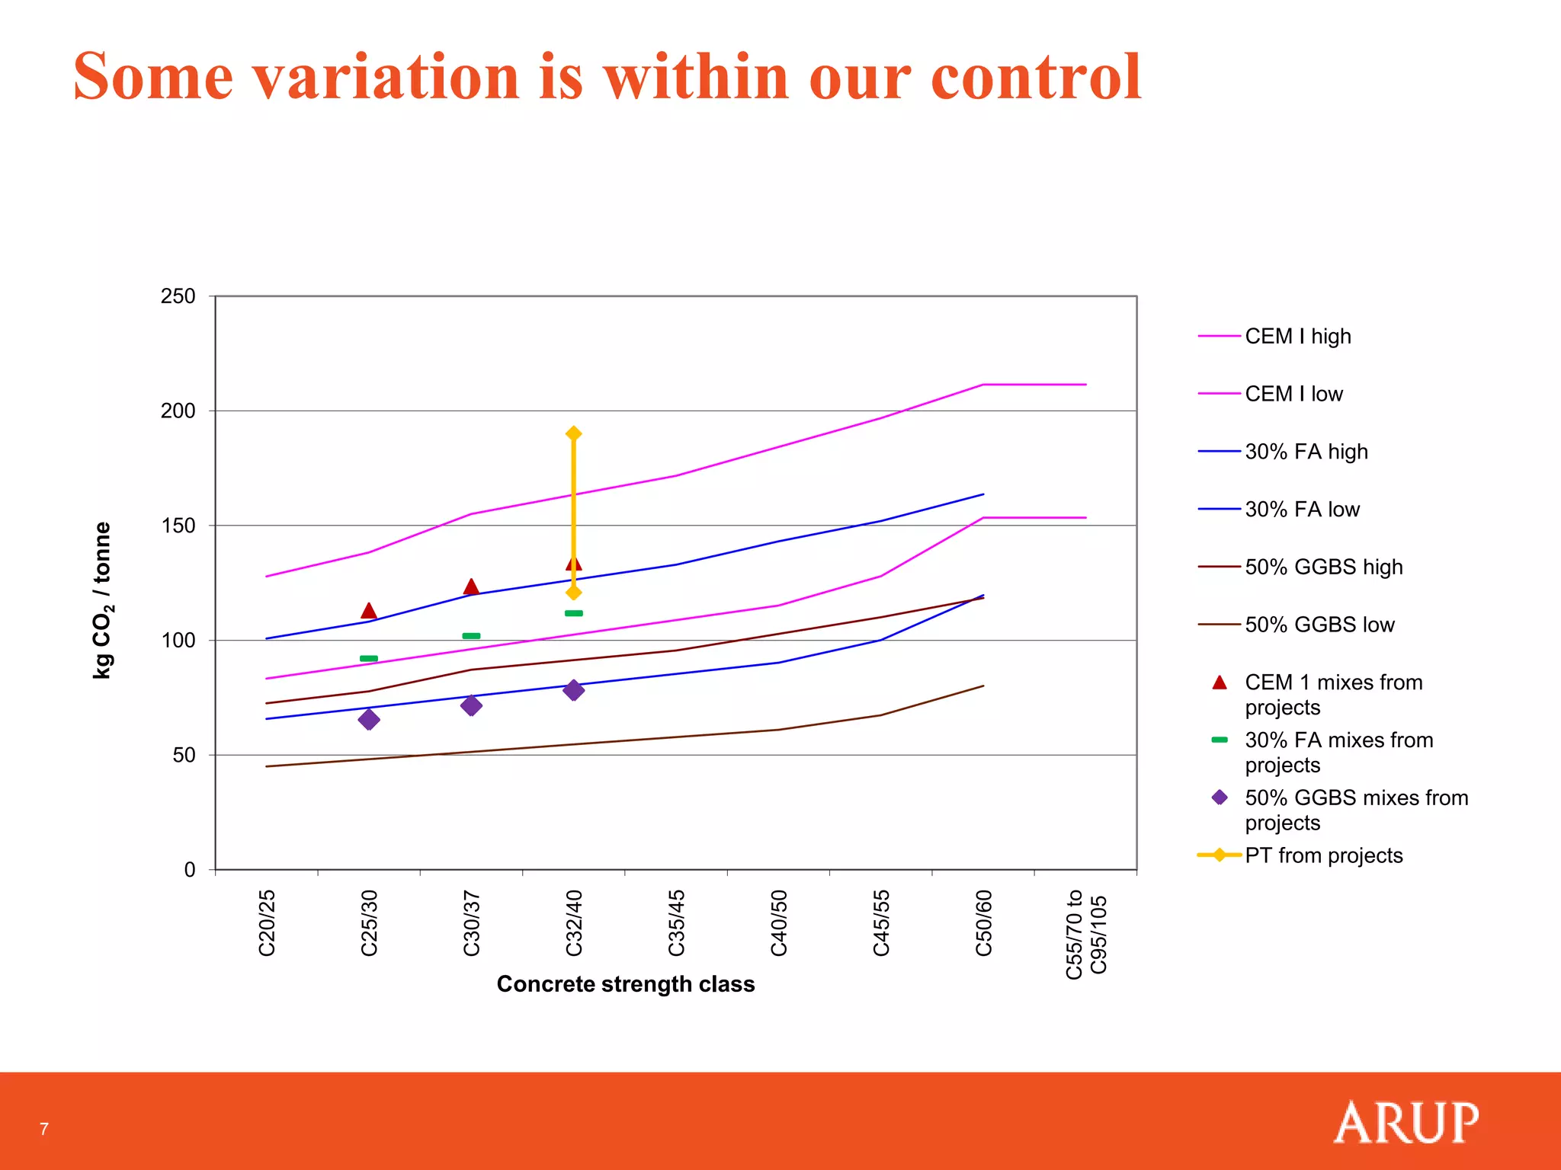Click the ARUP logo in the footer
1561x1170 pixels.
click(1406, 1123)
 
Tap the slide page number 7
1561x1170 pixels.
click(44, 1129)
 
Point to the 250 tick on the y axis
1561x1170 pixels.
click(178, 296)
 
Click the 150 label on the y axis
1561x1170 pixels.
click(178, 526)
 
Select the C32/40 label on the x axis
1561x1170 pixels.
click(574, 922)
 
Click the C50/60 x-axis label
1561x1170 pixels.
click(983, 922)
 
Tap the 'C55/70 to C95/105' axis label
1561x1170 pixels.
click(1085, 934)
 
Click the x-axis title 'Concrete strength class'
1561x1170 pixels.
click(626, 984)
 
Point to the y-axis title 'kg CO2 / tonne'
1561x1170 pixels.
click(102, 600)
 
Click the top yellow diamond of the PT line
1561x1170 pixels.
click(574, 433)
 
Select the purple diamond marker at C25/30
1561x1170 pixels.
click(369, 720)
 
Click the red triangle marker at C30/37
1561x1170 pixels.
click(471, 587)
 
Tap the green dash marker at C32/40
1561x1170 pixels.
click(574, 613)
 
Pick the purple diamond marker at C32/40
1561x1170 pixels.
click(574, 690)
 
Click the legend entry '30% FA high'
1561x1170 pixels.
click(1306, 452)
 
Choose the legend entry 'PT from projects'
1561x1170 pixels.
click(1323, 855)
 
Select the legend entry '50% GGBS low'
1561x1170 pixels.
click(1319, 625)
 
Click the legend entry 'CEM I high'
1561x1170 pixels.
click(1297, 336)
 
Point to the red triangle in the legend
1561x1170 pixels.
click(1220, 682)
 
